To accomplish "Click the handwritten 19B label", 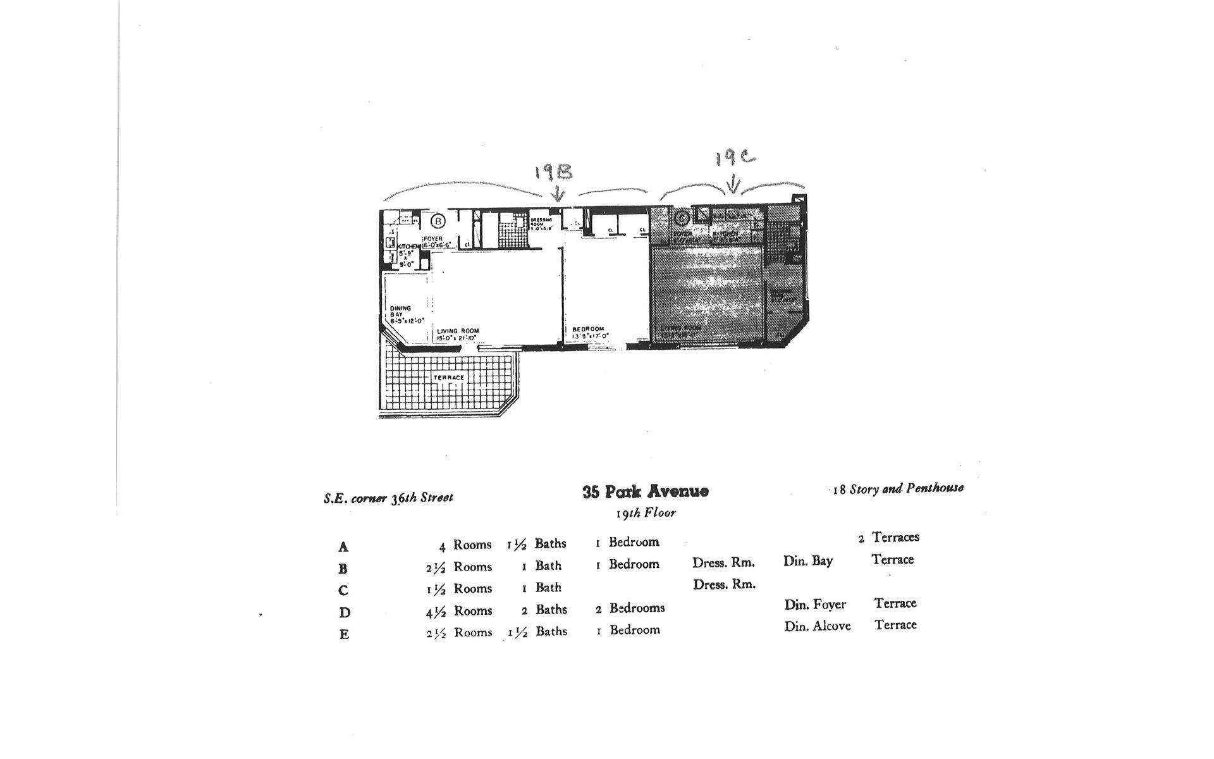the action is [554, 172].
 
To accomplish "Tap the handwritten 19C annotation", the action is [735, 157].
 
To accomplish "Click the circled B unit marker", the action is [438, 221].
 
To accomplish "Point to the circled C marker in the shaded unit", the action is [681, 219].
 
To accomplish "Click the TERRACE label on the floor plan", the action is [449, 378].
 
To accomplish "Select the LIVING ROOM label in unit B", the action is [458, 331].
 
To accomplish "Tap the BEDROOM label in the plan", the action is [588, 329].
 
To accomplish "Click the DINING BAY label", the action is [400, 311].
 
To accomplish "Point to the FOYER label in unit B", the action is [434, 238].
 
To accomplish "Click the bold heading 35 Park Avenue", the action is [645, 491].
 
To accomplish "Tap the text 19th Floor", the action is [646, 513].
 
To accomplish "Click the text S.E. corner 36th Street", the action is [388, 498].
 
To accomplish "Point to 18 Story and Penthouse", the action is [898, 488].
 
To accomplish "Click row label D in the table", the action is [344, 612].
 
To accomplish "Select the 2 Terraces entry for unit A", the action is [888, 538].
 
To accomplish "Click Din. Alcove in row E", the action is [817, 626].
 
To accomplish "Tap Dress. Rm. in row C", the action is [724, 584].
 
